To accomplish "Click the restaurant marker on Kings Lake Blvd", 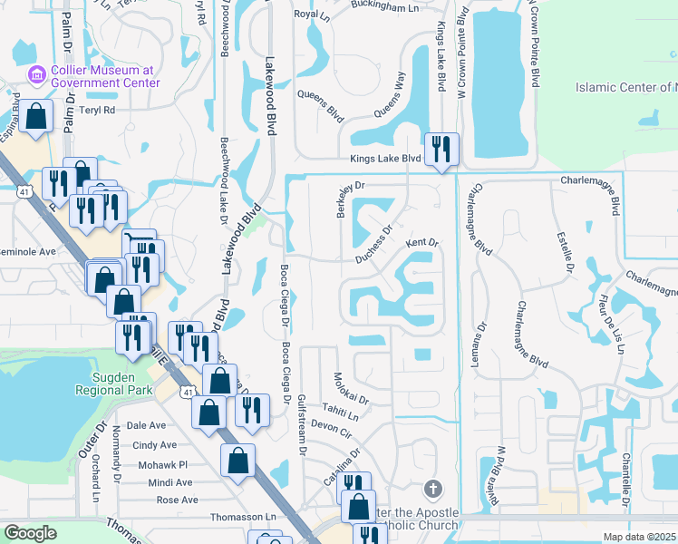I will (x=441, y=149).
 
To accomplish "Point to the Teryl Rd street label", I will (x=97, y=110).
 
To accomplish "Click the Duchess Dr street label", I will (x=373, y=245).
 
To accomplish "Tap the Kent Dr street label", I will (x=421, y=243).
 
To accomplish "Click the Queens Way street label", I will (x=387, y=107).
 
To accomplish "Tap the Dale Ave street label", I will (x=147, y=424).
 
